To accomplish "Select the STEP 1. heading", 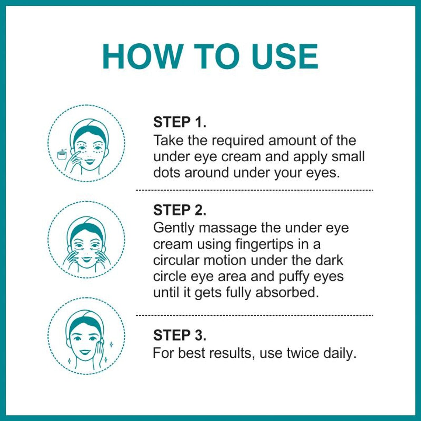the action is [179, 122].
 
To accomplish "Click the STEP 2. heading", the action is [179, 210].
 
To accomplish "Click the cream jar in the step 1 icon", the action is [62, 154].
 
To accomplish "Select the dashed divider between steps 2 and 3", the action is [254, 316].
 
